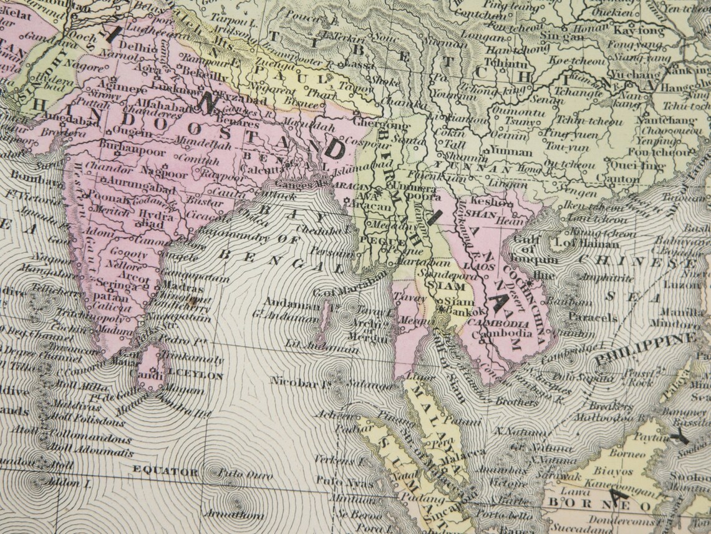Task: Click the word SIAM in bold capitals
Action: pos(451,285)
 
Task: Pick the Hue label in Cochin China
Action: pos(545,274)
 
